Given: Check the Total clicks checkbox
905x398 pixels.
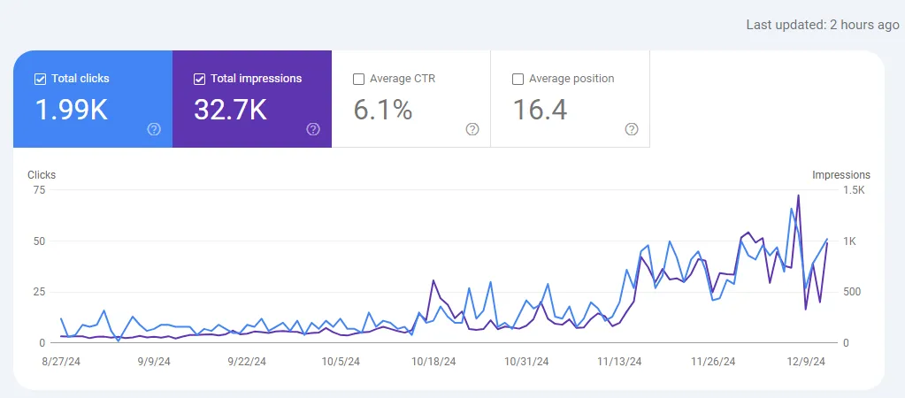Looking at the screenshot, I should [40, 79].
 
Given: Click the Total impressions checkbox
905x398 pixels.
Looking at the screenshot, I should [199, 79].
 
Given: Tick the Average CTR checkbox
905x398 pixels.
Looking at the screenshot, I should [358, 79].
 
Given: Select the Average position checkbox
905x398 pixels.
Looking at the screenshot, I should [518, 79].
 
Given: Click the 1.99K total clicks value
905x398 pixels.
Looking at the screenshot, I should [71, 110].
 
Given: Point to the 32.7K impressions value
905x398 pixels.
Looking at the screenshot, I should [230, 110].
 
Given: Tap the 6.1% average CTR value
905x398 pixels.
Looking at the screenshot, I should [383, 110].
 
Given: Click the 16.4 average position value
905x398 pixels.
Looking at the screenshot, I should [540, 110].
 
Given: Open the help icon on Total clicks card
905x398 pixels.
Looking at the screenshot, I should [154, 129].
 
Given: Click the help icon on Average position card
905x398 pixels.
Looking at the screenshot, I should [632, 129].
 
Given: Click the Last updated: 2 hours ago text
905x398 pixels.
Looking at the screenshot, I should [823, 25].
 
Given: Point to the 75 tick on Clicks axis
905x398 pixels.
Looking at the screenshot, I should [38, 190].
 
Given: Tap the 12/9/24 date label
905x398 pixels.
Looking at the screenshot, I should [806, 361].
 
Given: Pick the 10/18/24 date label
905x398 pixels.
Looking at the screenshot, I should [433, 361].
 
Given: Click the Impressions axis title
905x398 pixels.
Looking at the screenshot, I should [840, 175].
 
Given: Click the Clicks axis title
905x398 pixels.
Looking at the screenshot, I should [42, 175].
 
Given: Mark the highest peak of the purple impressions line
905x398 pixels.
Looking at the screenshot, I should [798, 195].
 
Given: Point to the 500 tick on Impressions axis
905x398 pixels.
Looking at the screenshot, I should [828, 292].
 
